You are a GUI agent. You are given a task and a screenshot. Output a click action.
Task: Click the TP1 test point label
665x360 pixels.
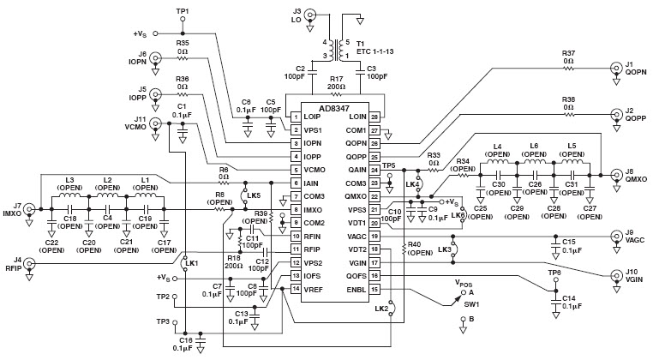pos(182,10)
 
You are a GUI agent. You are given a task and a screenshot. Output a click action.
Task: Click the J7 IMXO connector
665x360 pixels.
pos(30,208)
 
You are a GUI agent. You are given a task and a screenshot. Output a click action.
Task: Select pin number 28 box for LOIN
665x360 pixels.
pos(374,116)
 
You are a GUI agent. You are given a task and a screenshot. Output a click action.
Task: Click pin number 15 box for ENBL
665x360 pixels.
pos(374,289)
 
